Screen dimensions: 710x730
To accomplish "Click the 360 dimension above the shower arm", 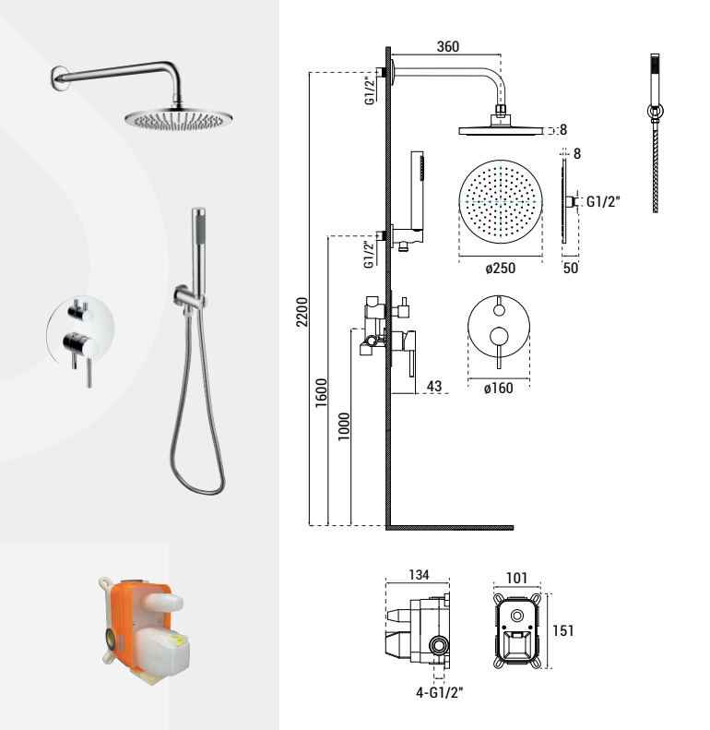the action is (447, 46).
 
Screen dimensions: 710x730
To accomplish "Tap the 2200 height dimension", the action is (302, 312).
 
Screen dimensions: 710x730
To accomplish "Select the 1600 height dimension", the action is (322, 393).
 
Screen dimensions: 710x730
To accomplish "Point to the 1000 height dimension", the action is (344, 426).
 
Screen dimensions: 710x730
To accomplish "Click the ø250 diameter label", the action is (500, 269).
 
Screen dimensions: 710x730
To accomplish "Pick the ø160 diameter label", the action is (498, 388).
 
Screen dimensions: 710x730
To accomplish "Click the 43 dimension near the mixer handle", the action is (434, 386).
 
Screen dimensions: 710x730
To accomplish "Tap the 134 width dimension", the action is (419, 575).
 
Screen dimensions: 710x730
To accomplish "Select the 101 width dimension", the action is (516, 579).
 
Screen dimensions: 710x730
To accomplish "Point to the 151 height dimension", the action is (563, 631).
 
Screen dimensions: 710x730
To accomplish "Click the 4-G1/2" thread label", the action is (440, 693).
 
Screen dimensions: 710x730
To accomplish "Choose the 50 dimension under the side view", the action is (571, 268).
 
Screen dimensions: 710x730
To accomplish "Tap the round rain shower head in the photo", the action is (179, 119).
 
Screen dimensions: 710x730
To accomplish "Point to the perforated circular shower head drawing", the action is (501, 202).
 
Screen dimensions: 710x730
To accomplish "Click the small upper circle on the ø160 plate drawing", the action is (499, 310).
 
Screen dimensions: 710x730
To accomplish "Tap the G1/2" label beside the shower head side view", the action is (603, 201).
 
